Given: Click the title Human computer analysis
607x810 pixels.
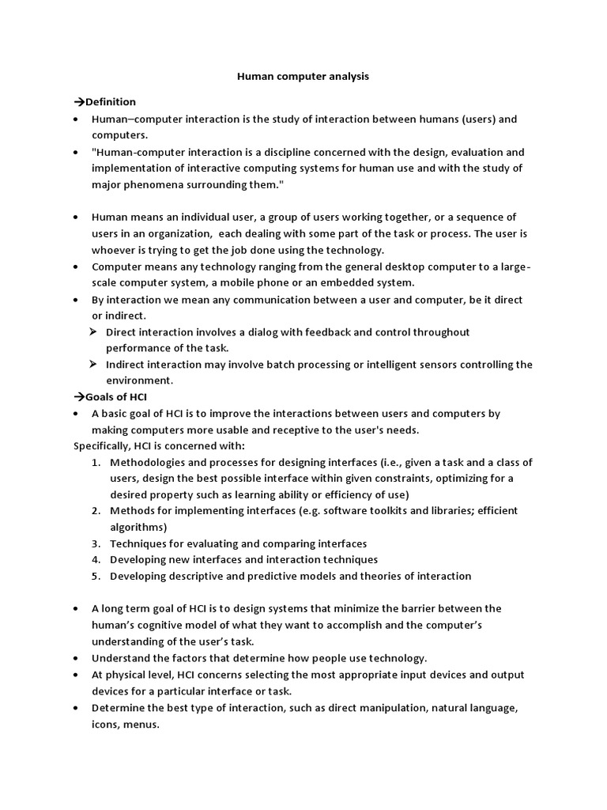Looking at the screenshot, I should coord(303,77).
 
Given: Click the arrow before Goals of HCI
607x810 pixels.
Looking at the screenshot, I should coord(79,397).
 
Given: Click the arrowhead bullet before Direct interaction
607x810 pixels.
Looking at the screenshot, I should coord(92,332).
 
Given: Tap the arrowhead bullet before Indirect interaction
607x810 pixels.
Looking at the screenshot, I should coord(92,365).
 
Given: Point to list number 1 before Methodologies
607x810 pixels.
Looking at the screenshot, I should coord(96,462).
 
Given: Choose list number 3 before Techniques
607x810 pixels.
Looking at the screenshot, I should coord(96,543).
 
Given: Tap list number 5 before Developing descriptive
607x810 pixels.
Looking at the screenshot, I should coord(96,576).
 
